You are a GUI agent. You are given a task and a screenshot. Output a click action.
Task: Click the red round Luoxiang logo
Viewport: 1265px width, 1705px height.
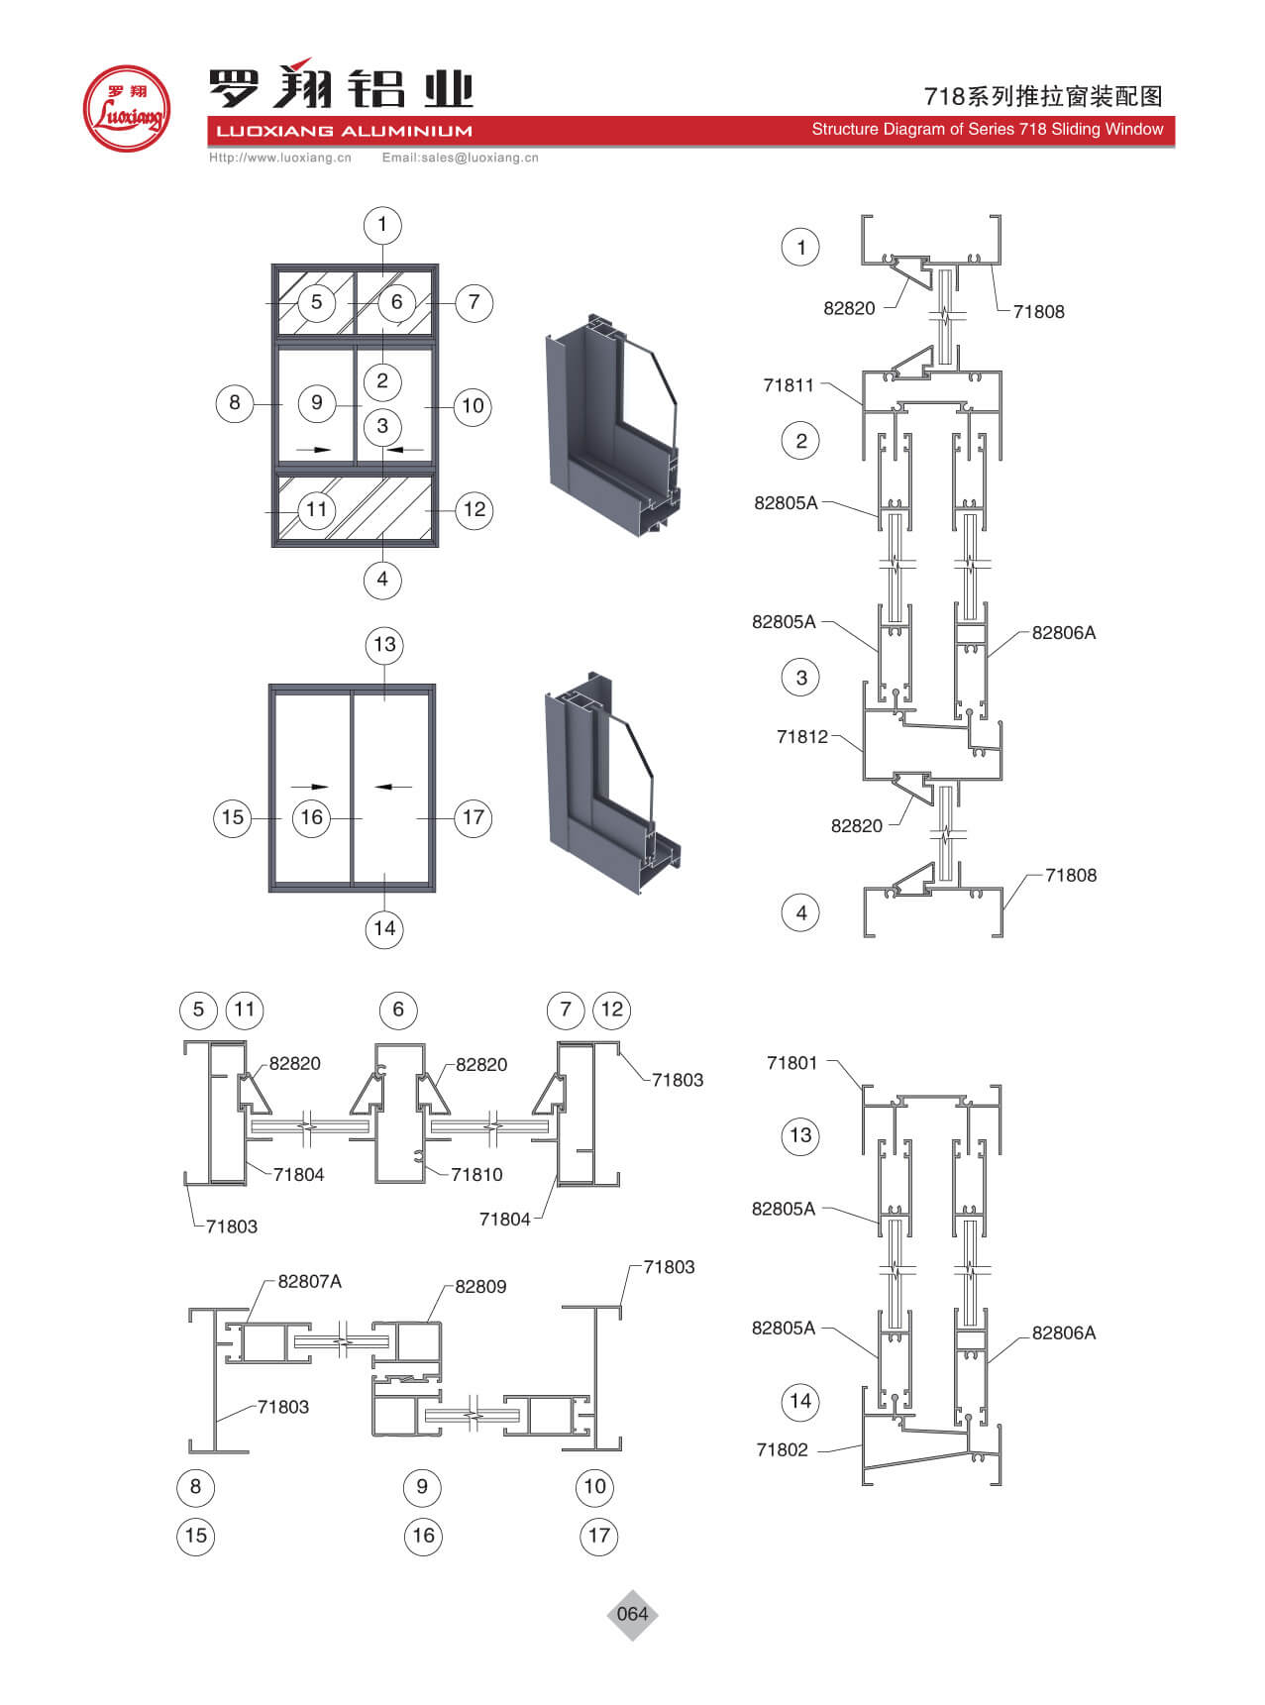126,109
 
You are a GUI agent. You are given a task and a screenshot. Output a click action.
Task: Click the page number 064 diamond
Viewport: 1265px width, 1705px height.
632,1614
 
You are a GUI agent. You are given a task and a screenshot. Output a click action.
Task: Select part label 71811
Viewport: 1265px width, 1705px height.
789,385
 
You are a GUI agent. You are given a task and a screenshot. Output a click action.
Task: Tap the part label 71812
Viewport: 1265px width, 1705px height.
801,736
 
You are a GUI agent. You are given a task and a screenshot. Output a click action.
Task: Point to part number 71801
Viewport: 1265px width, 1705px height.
792,1063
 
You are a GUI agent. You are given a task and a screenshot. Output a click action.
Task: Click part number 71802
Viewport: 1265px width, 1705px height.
783,1449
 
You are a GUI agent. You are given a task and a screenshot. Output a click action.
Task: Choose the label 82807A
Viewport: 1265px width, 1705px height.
309,1281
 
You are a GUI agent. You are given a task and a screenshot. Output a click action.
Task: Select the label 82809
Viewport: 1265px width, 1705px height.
480,1286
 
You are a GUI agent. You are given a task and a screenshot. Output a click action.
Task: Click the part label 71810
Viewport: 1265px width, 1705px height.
476,1174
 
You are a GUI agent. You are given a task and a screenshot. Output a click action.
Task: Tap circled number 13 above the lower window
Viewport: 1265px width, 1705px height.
384,645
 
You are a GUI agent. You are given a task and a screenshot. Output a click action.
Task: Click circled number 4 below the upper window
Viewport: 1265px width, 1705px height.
382,579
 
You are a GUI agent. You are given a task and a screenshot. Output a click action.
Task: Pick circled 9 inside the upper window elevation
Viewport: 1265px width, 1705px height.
317,402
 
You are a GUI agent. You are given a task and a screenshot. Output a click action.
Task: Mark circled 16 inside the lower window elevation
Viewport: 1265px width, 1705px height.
312,817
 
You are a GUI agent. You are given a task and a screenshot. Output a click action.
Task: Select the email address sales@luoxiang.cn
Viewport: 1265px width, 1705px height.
461,158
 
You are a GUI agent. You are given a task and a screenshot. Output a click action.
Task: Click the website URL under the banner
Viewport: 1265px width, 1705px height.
280,158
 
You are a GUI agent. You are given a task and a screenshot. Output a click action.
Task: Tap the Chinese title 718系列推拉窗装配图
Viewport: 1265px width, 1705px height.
1043,96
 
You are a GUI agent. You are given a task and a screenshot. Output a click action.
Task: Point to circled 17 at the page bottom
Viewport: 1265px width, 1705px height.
598,1536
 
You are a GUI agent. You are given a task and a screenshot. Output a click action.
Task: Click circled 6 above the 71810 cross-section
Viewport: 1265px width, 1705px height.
398,1010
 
